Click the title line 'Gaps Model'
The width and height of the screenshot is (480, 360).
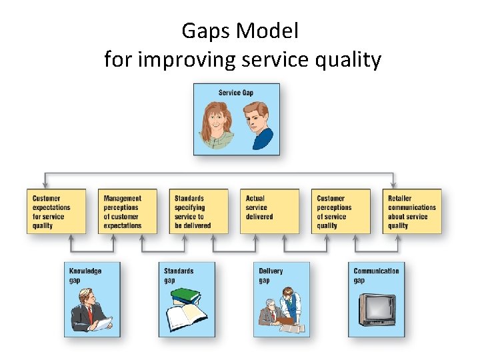240,31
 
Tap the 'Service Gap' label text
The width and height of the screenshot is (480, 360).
236,92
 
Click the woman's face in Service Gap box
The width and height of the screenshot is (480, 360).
217,120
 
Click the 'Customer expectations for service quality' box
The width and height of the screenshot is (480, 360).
57,211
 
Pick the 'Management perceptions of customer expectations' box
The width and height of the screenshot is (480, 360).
128,211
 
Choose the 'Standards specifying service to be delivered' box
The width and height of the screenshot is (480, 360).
199,211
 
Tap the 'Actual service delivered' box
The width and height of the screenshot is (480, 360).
269,211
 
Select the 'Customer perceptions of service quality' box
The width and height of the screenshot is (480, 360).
341,211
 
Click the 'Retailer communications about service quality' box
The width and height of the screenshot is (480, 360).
412,211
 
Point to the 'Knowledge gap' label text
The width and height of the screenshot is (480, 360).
85,275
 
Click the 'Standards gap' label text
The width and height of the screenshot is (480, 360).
179,275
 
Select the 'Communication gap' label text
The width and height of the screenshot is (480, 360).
376,275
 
